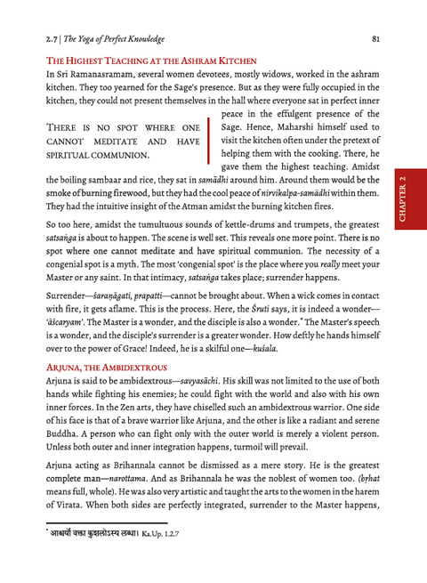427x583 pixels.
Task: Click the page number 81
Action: [x=376, y=38]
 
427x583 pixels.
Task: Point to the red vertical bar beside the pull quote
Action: [x=208, y=141]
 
